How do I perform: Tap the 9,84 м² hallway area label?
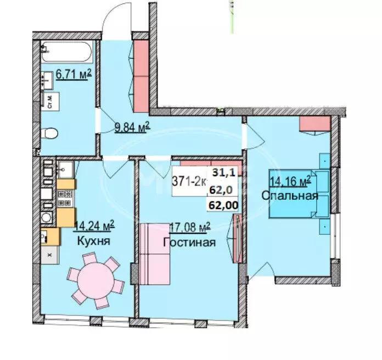tap(132, 129)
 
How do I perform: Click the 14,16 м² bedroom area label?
tap(290, 179)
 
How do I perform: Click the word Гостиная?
tap(189, 242)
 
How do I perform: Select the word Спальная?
tap(289, 195)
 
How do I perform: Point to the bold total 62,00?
tap(218, 205)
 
